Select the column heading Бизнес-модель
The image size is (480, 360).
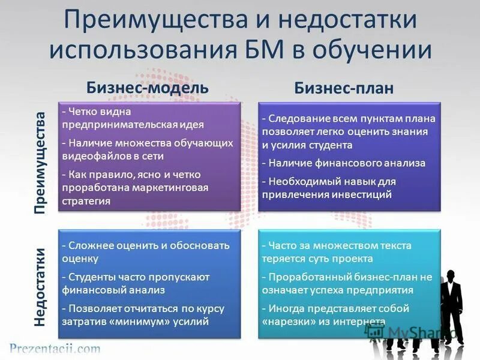pos(148,87)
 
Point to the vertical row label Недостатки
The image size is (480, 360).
pos(40,287)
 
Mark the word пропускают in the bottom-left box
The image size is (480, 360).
pos(179,277)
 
